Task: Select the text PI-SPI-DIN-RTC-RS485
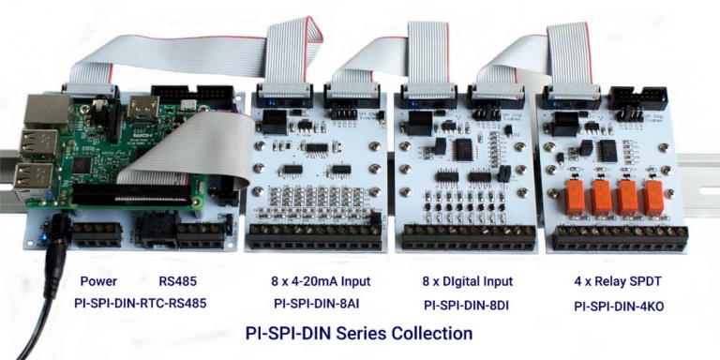(140, 304)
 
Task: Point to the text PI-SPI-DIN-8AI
(315, 304)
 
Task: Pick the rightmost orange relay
(654, 197)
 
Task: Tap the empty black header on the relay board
(637, 97)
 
